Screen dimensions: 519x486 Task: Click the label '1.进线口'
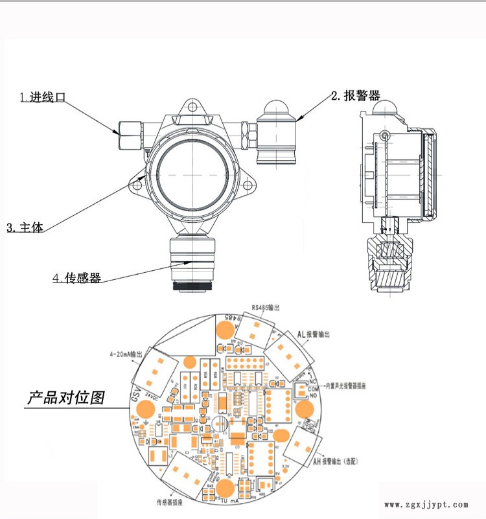(43, 98)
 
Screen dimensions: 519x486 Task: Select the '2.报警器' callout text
(355, 96)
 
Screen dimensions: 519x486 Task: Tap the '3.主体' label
(25, 228)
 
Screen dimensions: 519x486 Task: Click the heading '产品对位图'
(65, 397)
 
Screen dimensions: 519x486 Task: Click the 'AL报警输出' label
(314, 334)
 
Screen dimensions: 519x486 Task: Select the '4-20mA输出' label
(126, 355)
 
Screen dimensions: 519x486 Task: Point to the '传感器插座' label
(172, 502)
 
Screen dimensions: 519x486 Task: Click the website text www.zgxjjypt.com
(426, 504)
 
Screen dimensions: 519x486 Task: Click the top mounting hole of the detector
(192, 109)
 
